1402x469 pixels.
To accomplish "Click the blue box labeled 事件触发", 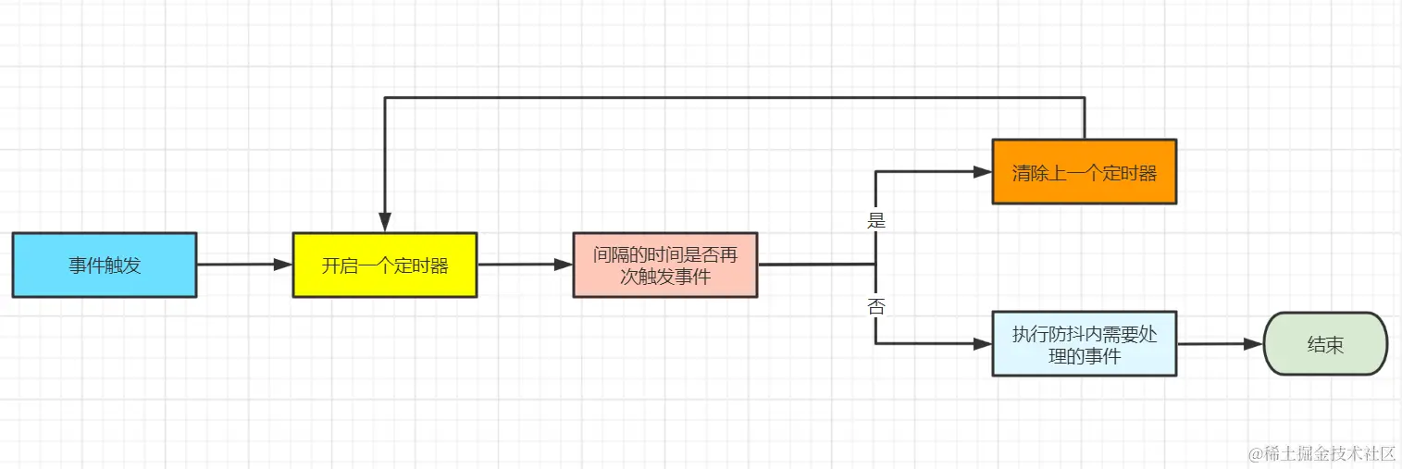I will click(104, 265).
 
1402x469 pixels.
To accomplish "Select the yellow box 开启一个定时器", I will click(384, 265).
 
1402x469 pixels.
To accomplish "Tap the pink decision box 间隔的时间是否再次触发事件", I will click(664, 265).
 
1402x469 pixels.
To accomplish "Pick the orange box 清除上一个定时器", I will click(1084, 172).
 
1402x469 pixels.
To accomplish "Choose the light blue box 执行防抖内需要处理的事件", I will click(1084, 344).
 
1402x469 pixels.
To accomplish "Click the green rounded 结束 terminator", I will click(1325, 344).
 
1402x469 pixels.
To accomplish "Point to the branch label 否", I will click(875, 306).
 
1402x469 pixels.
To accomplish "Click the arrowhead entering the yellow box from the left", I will click(284, 265).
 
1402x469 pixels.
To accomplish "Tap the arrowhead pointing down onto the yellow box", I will click(385, 223).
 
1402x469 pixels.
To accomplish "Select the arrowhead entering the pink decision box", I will click(565, 265).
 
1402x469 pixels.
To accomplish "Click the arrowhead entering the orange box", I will click(984, 171).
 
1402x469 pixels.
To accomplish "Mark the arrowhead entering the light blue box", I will click(984, 344).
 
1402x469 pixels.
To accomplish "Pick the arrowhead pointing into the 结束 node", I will click(1255, 344).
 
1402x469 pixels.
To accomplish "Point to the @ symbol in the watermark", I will click(1256, 453).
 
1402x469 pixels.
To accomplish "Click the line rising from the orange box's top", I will click(1084, 118).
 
